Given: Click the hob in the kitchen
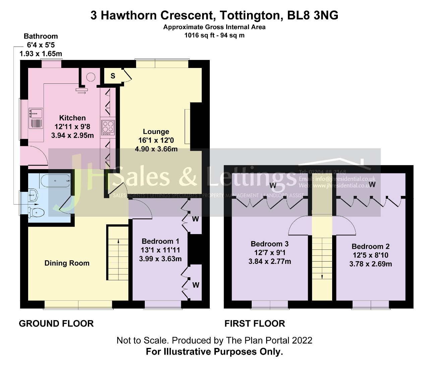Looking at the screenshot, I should pos(108,127).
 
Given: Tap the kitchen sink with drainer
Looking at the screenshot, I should pos(36,118).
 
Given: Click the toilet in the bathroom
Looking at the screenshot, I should pos(37,212).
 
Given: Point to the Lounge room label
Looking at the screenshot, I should pos(156,132).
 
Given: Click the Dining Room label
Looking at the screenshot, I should pos(67,263).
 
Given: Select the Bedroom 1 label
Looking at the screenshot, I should pos(160,241).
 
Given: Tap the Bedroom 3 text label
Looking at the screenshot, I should pos(269,244).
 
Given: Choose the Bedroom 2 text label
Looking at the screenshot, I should pos(370,246).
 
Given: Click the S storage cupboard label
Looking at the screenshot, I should pos(113,76).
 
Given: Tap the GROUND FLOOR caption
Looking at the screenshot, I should pos(56,323).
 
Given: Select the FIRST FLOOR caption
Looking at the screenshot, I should pos(255,323).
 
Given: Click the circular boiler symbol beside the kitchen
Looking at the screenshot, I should pos(90,77).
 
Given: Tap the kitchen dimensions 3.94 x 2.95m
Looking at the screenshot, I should pos(72,135).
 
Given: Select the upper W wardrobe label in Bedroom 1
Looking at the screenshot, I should pos(195,219).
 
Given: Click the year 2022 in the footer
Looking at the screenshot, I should pos(302,341).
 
